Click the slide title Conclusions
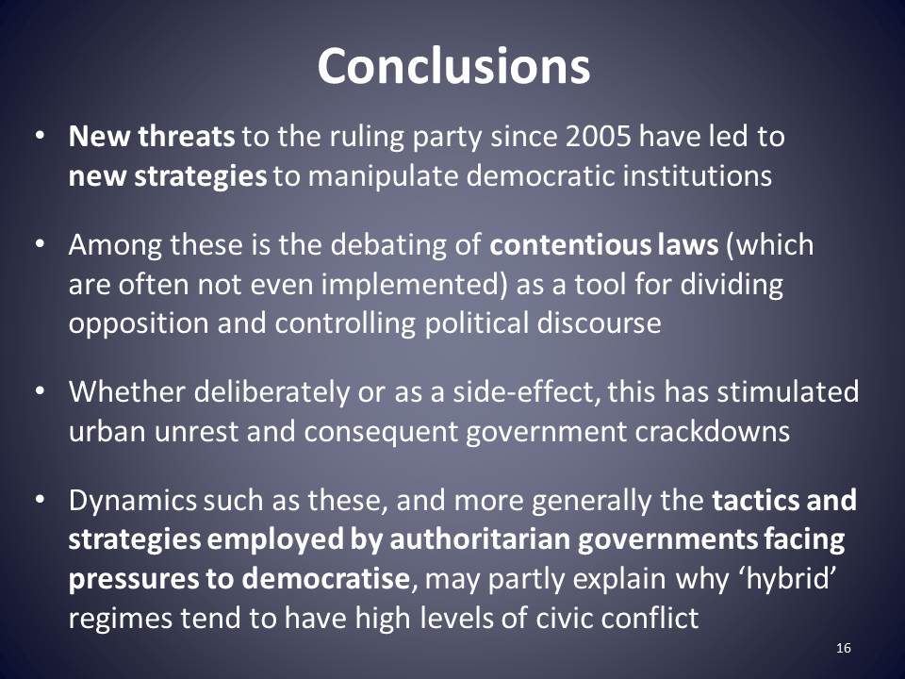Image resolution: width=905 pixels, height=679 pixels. [453, 66]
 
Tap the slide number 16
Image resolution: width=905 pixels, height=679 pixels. [843, 648]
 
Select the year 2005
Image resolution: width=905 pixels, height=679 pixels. [598, 136]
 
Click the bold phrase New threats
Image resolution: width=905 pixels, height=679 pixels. [151, 136]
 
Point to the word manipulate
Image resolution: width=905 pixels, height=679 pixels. [384, 176]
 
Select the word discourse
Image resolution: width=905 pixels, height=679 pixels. [599, 323]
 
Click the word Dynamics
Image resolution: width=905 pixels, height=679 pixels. [133, 500]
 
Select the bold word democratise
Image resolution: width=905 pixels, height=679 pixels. [325, 578]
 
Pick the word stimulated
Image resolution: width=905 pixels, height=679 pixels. [787, 392]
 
